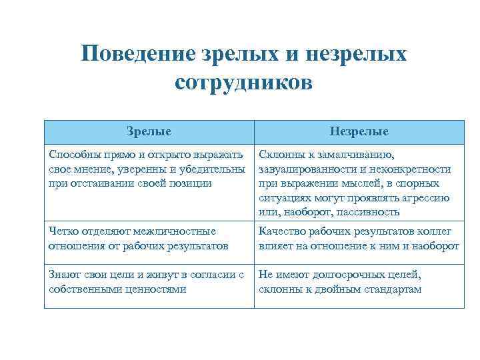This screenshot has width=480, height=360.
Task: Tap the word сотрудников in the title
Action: coord(244,83)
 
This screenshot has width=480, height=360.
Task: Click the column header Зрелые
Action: coord(149,131)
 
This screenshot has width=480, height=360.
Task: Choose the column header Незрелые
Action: coord(359,131)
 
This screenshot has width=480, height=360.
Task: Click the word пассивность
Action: coord(366,212)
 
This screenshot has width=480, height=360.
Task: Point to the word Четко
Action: coord(63,231)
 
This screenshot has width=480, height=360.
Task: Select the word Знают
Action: coord(65,275)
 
